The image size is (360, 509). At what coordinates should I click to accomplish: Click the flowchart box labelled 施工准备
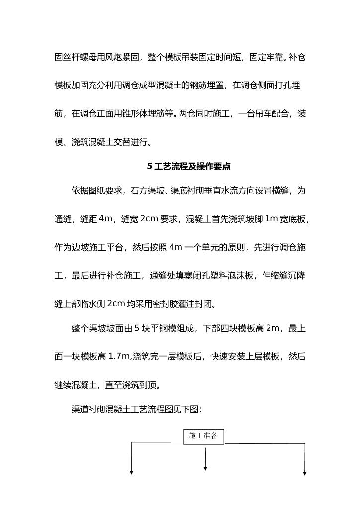tap(204, 436)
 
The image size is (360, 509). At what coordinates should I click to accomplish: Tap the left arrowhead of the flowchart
tap(132, 472)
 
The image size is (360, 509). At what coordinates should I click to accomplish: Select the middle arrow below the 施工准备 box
tap(205, 460)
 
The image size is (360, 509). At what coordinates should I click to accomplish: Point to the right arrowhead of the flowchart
tap(304, 472)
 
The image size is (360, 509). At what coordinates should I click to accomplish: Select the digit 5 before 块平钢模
tap(136, 328)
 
